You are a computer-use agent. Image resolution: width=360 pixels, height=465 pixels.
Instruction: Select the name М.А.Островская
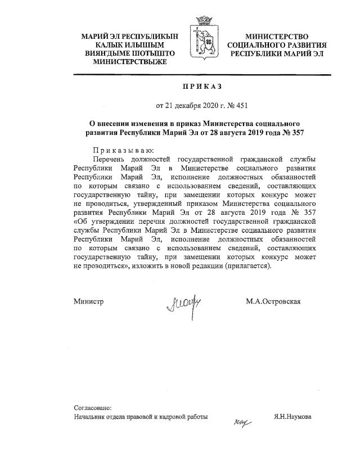(x=273, y=302)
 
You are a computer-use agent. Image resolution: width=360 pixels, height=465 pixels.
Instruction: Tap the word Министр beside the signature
(x=89, y=302)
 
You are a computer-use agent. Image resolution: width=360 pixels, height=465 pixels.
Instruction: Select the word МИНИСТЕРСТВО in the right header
(x=276, y=35)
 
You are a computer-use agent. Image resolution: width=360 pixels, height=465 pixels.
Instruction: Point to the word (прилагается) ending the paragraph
(x=247, y=265)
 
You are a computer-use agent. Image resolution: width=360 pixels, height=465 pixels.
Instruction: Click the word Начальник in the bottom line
(x=91, y=417)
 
